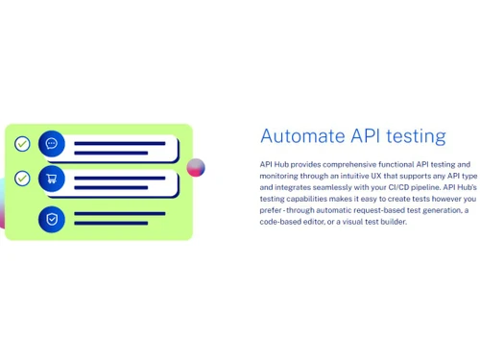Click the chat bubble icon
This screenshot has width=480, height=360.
tap(52, 144)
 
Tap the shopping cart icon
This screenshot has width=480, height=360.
tap(52, 179)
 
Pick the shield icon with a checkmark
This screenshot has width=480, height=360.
tap(52, 219)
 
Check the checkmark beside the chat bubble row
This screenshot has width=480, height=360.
tap(22, 144)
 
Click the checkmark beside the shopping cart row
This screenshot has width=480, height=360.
tap(22, 179)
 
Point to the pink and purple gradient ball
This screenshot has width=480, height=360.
tap(196, 168)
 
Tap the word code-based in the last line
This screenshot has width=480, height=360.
tap(278, 222)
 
